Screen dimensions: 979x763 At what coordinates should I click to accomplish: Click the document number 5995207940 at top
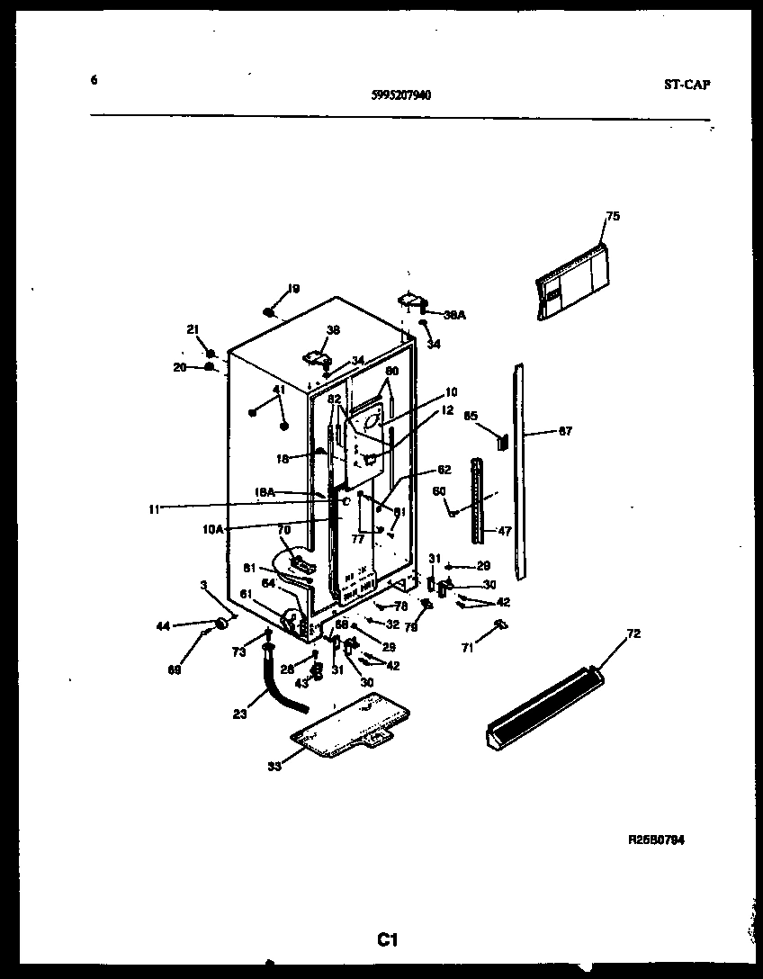pos(400,94)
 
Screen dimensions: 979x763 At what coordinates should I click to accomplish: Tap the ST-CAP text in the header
pos(687,85)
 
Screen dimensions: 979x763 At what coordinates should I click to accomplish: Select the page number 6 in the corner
pos(94,79)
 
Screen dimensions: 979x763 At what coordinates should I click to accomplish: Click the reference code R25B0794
pos(656,840)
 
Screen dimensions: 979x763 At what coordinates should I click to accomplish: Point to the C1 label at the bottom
pos(387,941)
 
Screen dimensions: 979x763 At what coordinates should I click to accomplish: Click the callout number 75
pos(613,216)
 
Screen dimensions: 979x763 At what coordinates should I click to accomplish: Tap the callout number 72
pos(633,634)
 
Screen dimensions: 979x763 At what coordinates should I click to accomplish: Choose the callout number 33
pos(273,766)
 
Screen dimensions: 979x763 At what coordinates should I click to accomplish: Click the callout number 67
pos(564,431)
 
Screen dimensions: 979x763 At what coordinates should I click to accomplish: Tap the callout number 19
pos(293,289)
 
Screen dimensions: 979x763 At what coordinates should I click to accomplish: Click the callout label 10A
pos(213,529)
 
